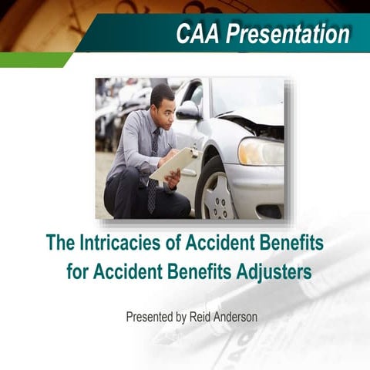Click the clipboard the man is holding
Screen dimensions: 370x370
coord(172,164)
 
